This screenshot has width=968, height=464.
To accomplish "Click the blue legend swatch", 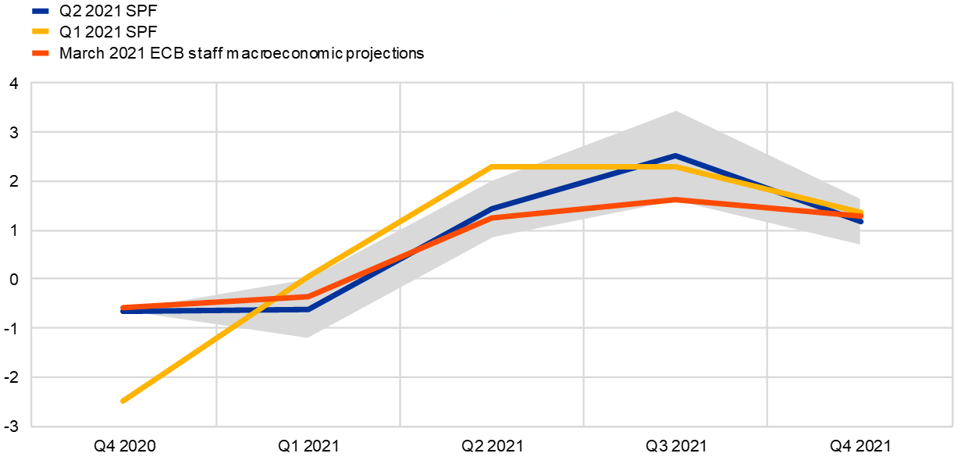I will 41,11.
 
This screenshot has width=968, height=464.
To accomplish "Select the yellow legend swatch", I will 41,31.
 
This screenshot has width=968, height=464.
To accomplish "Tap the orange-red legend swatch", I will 41,53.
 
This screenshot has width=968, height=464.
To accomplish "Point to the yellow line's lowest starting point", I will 123,401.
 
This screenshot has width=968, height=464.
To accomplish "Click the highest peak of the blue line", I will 675,155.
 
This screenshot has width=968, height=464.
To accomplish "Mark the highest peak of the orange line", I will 676,200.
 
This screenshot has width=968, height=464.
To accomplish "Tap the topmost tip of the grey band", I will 676,111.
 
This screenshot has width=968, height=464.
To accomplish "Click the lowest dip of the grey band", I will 308,337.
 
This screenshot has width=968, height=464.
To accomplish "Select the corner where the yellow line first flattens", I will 492,166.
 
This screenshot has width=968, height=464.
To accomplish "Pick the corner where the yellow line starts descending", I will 675,166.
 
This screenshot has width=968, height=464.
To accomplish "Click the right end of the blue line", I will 861,222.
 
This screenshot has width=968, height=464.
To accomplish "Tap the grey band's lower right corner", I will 859,244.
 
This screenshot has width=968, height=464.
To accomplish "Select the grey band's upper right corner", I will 859,198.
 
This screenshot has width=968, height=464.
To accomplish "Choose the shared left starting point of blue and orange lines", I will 123,309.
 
